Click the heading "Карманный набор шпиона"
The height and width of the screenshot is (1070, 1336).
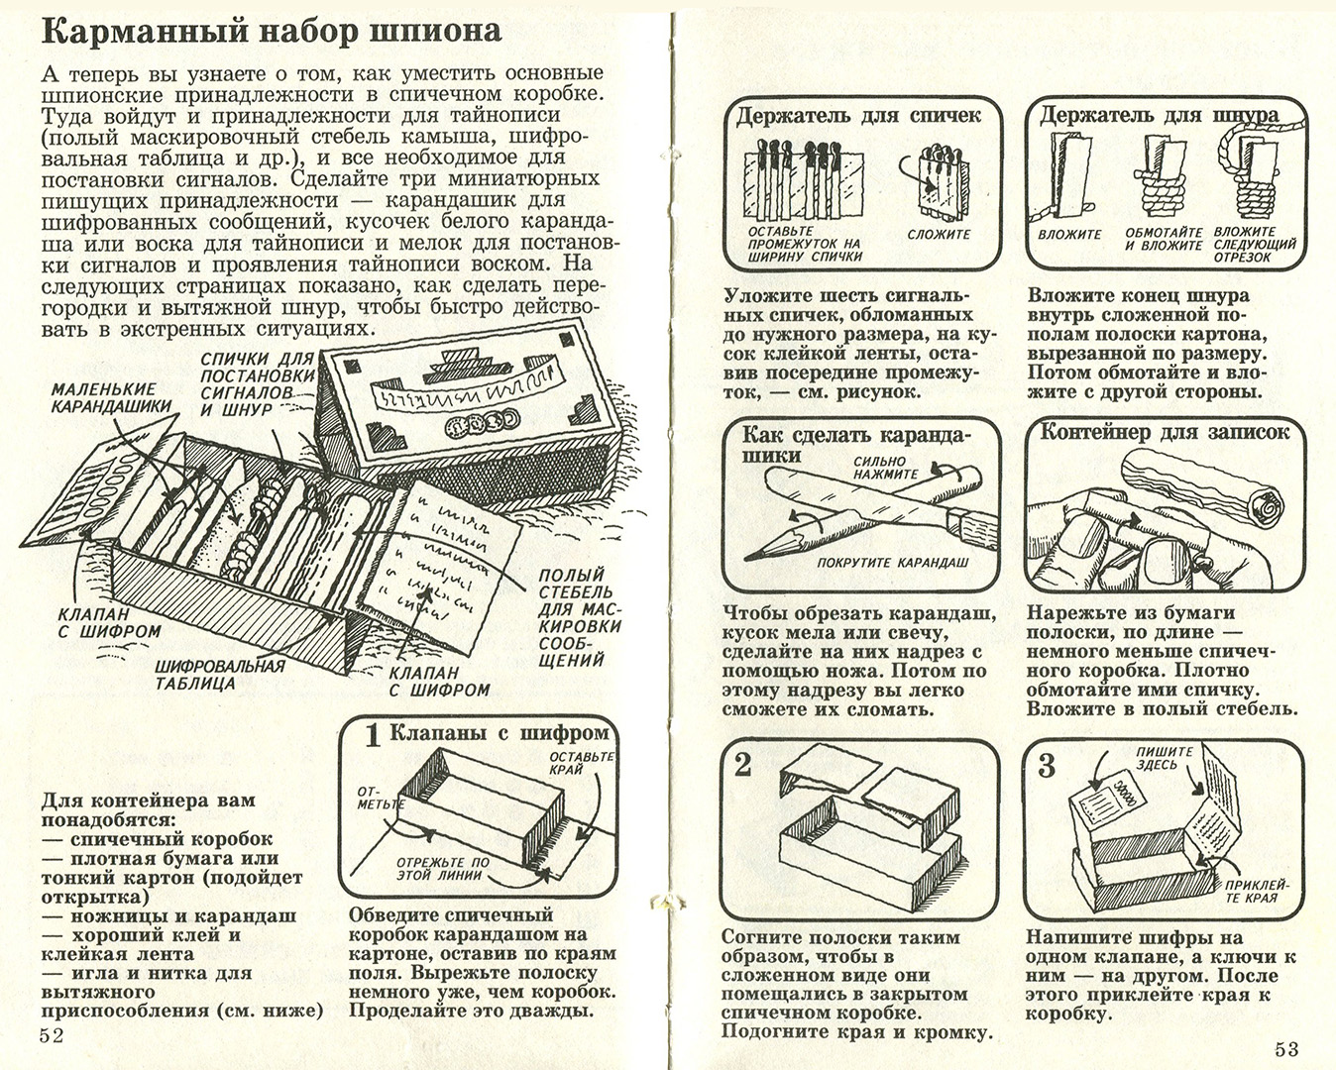271,31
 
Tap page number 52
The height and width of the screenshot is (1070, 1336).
52,1035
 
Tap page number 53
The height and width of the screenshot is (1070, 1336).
1286,1048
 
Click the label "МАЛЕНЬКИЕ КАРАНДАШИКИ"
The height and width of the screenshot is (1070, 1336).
111,398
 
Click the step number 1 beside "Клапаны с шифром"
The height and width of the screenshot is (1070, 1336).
372,735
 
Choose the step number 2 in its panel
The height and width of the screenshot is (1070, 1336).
744,765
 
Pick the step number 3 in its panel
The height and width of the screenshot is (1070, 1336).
1047,765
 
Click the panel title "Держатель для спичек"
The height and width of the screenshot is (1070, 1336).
857,116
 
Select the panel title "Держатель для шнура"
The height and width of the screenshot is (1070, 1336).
1158,116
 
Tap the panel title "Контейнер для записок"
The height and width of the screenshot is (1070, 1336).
1165,432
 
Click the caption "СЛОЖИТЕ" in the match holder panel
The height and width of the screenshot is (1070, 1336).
939,235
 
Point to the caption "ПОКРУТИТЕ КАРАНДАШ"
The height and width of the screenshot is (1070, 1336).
892,563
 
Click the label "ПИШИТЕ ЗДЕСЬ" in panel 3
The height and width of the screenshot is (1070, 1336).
1157,759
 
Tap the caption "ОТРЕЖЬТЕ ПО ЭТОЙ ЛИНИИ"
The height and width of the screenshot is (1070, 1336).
443,868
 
